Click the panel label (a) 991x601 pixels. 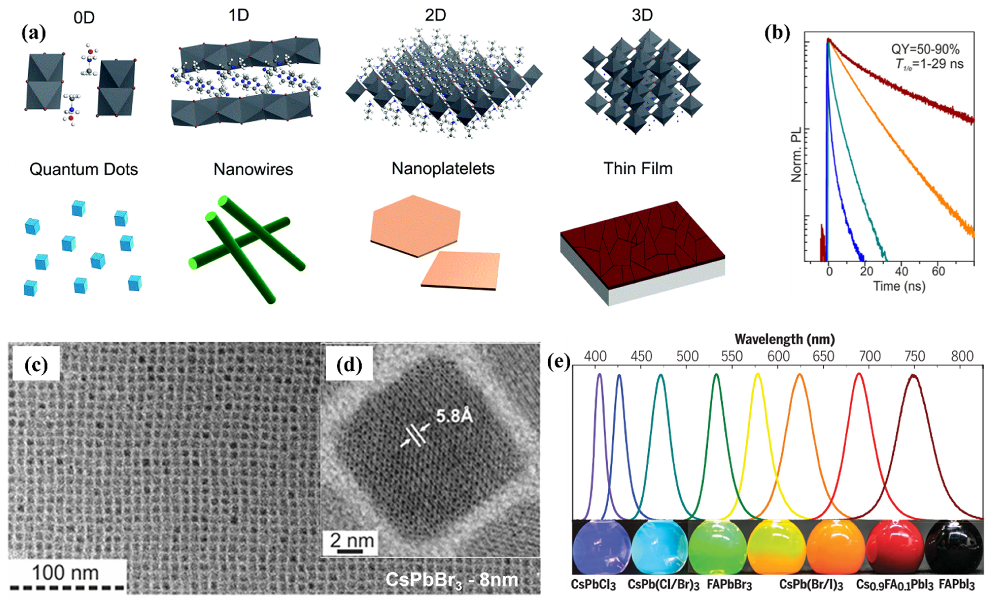pyautogui.click(x=34, y=33)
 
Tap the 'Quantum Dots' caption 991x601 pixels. pyautogui.click(x=84, y=169)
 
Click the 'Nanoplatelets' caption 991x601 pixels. pyautogui.click(x=443, y=169)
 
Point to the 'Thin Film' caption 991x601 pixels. pyautogui.click(x=638, y=169)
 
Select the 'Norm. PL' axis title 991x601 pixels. pyautogui.click(x=796, y=154)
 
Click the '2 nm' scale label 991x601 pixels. pyautogui.click(x=352, y=540)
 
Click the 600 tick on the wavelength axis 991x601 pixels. pyautogui.click(x=779, y=356)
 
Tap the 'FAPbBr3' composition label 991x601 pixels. pyautogui.click(x=729, y=585)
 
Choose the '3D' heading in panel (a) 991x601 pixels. pyautogui.click(x=642, y=15)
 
